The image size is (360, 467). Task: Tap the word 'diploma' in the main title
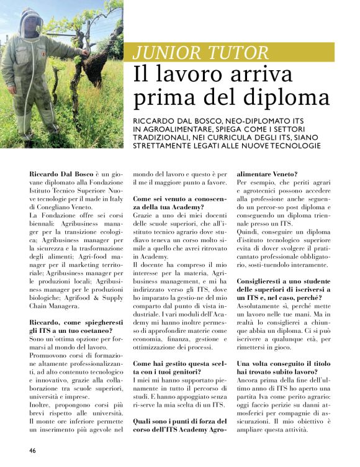pyautogui.click(x=284, y=97)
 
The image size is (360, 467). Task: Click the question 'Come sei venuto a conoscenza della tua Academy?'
pyautogui.click(x=175, y=202)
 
